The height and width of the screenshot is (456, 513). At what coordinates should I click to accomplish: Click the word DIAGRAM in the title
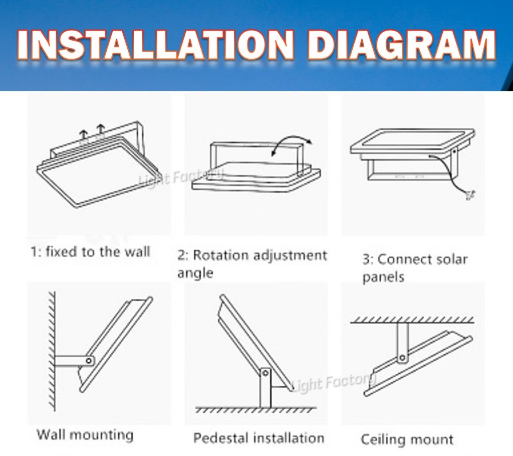[x=402, y=45]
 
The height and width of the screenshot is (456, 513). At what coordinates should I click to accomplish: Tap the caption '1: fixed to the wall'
[x=90, y=252]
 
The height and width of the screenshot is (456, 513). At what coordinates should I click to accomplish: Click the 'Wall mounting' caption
[x=85, y=435]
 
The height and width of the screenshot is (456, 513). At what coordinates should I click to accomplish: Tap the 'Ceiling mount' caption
[x=407, y=439]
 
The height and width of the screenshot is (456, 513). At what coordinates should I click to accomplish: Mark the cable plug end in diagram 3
[x=470, y=196]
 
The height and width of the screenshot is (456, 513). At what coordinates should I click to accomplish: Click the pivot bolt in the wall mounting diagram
[x=89, y=361]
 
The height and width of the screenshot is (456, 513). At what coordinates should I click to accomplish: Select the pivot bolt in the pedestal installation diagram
[x=266, y=373]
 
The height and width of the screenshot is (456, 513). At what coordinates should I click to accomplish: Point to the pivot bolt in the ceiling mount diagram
[x=403, y=357]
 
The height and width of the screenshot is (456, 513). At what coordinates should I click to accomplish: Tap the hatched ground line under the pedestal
[x=256, y=409]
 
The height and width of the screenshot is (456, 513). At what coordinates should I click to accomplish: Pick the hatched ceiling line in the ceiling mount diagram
[x=412, y=320]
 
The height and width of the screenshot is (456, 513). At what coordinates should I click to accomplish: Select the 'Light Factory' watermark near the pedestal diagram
[x=333, y=383]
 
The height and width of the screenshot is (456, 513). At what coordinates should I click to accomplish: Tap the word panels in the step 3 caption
[x=383, y=277]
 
